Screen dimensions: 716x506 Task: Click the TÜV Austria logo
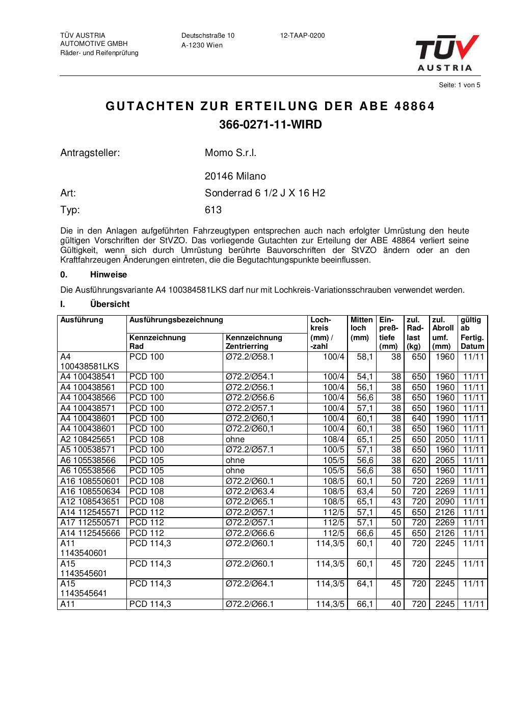point(447,53)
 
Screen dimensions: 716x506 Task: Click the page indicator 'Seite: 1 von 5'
point(459,85)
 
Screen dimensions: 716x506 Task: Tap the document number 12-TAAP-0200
point(302,36)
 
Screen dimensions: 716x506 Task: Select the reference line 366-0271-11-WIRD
point(270,125)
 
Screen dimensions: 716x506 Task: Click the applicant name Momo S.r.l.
point(230,153)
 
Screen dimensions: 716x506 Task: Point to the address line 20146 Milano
point(235,176)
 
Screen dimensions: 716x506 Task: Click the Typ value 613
point(213,210)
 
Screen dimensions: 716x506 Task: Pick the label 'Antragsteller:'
point(90,153)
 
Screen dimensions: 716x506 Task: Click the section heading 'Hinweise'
point(109,275)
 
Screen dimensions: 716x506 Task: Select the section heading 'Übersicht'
point(110,304)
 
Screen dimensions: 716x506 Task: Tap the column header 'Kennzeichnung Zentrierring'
point(254,342)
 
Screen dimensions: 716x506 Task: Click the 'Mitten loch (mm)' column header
point(361,328)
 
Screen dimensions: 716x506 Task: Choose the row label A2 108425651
point(88,439)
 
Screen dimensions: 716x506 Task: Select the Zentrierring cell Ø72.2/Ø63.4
point(250,491)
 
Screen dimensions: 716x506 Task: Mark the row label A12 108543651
point(88,501)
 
